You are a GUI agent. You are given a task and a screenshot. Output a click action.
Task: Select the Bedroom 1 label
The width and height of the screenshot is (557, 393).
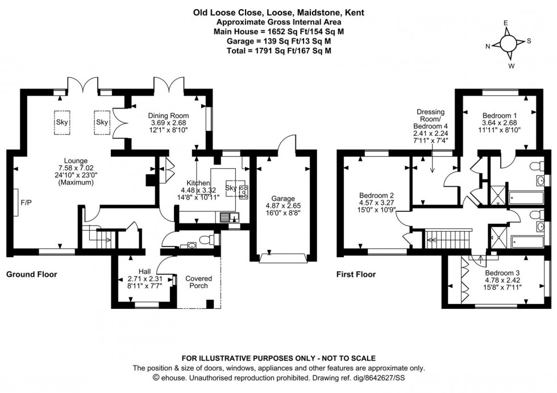click(498, 114)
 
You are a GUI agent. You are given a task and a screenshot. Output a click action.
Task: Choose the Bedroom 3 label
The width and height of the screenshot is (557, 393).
click(500, 272)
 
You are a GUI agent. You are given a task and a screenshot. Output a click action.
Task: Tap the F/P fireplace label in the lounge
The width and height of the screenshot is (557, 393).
click(26, 202)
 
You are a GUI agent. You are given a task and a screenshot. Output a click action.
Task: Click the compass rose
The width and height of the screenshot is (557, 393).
click(508, 44)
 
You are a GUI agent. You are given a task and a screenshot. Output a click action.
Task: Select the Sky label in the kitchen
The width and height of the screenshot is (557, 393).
click(231, 188)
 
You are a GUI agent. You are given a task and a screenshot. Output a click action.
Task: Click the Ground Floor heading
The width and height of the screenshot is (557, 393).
click(32, 274)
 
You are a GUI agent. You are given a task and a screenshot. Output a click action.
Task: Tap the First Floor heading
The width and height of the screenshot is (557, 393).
click(356, 274)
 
